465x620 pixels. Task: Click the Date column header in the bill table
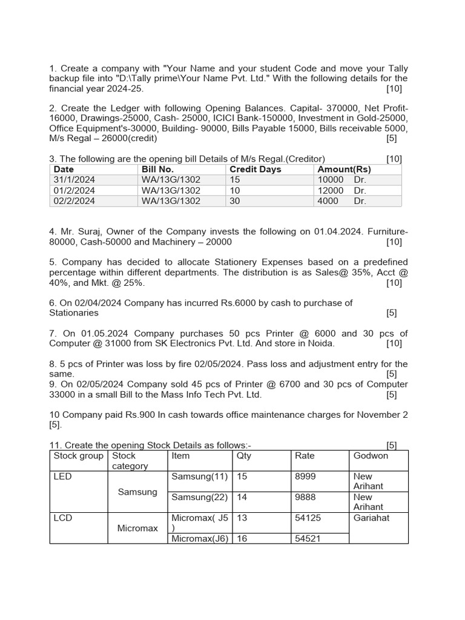tap(64, 170)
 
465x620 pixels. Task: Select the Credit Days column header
tap(255, 170)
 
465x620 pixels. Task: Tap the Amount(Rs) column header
tap(344, 170)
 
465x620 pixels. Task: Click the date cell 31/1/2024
tap(74, 180)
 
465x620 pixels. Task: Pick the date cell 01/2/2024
tap(74, 190)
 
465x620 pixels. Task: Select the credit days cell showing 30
tap(235, 200)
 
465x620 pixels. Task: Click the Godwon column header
tap(371, 456)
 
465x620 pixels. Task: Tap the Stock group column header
tap(78, 456)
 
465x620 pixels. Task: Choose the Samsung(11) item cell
tap(200, 477)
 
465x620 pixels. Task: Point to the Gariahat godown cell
tap(371, 518)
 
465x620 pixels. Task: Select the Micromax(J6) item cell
tap(200, 538)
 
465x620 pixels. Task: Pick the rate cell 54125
tap(308, 518)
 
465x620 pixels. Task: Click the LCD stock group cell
tap(63, 518)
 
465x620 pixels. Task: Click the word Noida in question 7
tap(320, 343)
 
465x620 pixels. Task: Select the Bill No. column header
tap(157, 170)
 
